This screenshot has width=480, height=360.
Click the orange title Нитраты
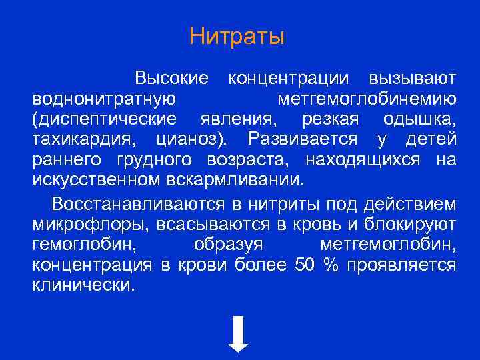coord(237,36)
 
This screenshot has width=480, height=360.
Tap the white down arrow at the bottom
coord(239,333)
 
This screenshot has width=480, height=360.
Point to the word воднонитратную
coord(103,99)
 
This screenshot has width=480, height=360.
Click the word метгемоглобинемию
coord(366,99)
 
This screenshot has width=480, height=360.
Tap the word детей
coord(431,139)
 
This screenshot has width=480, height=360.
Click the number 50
coord(303,264)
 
